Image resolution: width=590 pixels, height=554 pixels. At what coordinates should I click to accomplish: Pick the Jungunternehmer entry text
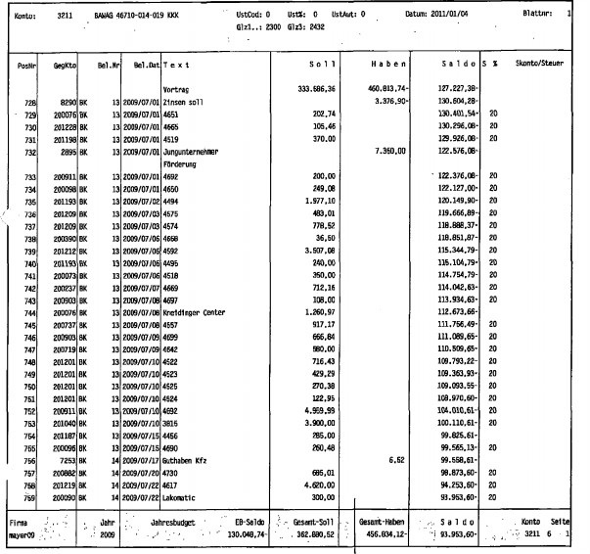[194, 152]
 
